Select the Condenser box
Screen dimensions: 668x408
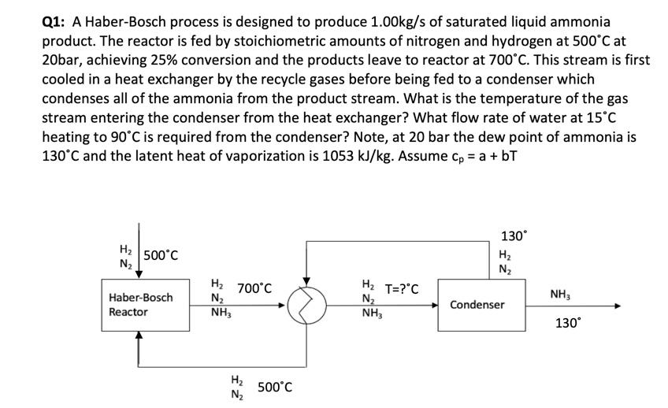coord(478,304)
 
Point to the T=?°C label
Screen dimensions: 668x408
coord(402,288)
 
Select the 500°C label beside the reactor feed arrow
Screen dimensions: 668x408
coord(160,255)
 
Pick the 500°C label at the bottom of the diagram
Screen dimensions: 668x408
coord(275,387)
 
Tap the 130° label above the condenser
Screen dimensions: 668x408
coord(512,236)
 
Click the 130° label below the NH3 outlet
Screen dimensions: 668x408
coord(569,324)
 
